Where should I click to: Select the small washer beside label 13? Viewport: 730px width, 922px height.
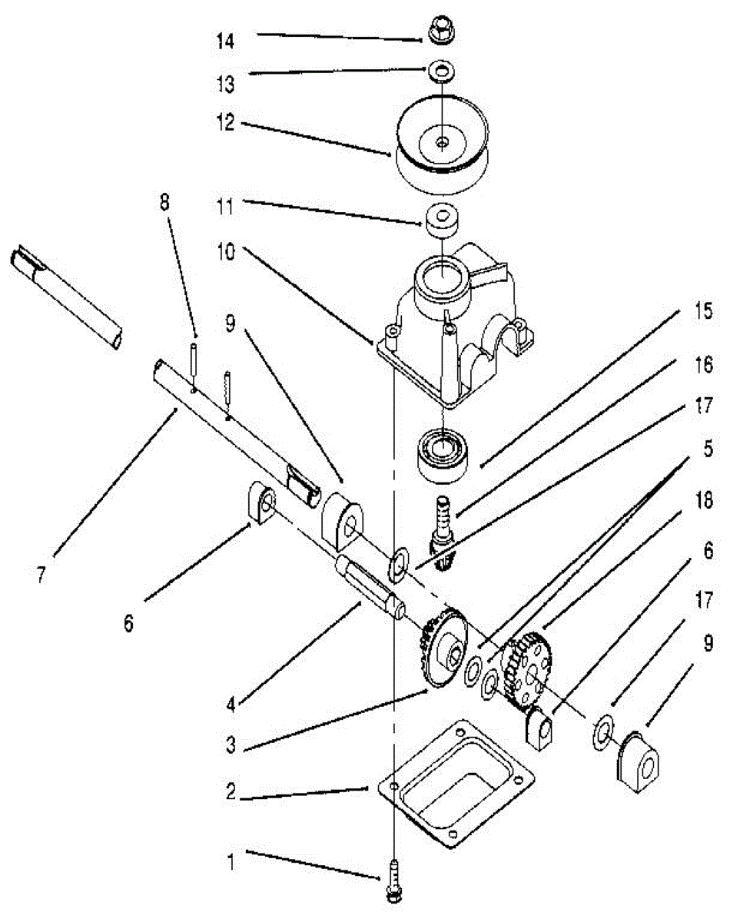point(441,72)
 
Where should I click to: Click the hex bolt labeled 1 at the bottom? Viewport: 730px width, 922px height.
point(394,880)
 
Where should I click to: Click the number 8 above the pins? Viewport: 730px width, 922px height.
point(165,204)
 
